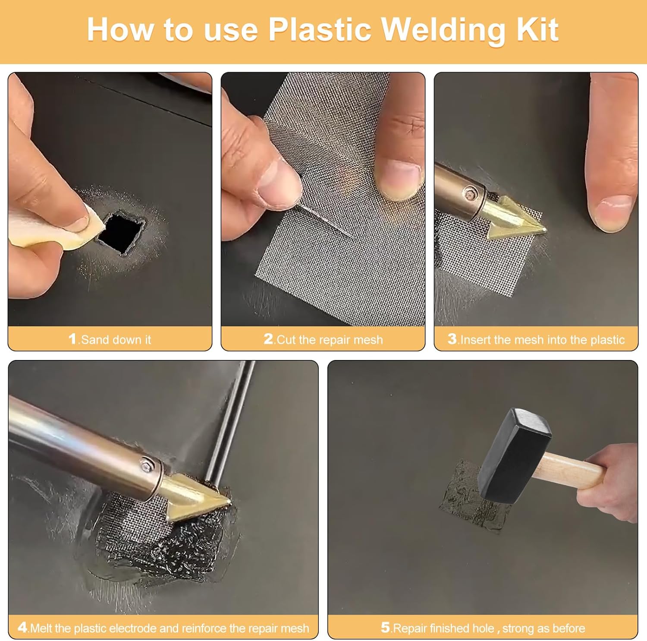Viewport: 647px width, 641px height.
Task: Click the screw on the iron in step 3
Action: click(469, 194)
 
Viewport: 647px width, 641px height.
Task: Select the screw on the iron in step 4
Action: click(147, 465)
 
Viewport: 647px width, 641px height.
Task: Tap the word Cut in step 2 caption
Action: click(286, 340)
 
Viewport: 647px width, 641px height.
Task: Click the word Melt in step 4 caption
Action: click(41, 628)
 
